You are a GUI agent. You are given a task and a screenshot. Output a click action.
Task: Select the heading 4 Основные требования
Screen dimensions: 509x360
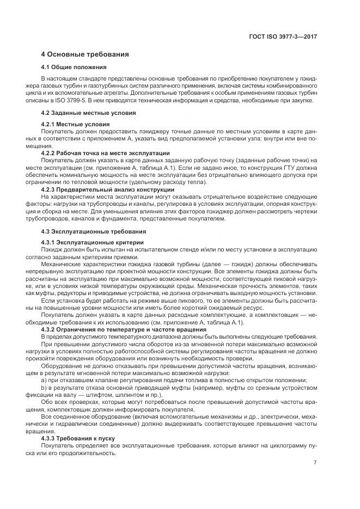[x=84, y=54]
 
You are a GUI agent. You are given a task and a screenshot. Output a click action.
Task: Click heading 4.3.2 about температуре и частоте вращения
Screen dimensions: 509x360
[x=124, y=329]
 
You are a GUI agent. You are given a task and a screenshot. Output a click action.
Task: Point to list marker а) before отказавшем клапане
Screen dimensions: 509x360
[x=44, y=380]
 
